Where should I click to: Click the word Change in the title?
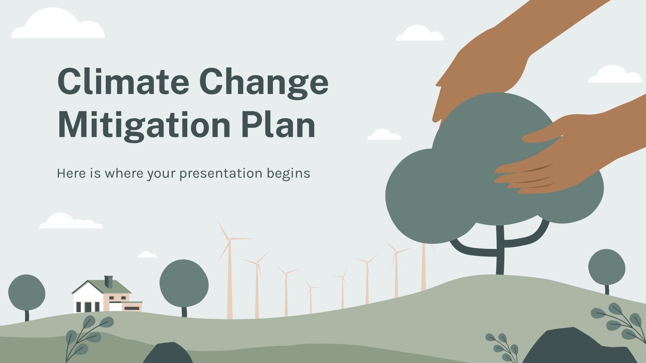click(x=264, y=81)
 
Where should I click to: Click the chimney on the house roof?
click(x=108, y=282)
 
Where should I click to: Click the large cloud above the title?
click(x=58, y=25)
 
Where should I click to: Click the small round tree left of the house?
click(x=27, y=292)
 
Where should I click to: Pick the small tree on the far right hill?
click(x=606, y=267)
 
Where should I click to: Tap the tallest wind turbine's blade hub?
click(x=229, y=239)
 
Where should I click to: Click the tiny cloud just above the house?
click(x=147, y=255)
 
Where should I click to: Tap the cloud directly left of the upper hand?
click(x=419, y=34)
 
